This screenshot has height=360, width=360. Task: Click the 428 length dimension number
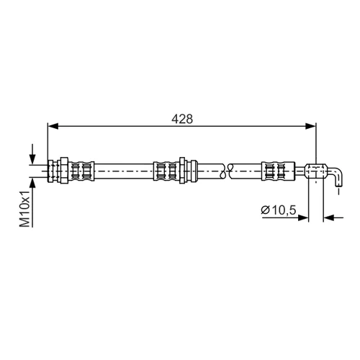coord(182,119)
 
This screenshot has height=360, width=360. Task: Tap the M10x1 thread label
coord(25,209)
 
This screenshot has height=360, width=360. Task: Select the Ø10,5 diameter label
coord(279,210)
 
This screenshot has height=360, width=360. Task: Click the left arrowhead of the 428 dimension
coord(53,126)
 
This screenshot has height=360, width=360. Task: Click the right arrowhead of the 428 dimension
coord(310,126)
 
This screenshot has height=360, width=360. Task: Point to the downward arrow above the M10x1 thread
coord(32,154)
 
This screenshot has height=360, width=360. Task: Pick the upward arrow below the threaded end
coord(32,202)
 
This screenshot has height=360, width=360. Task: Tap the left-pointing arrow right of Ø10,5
coord(333,217)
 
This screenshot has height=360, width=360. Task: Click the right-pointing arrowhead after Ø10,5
coord(303,217)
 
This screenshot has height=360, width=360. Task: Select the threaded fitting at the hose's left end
coord(54,171)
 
